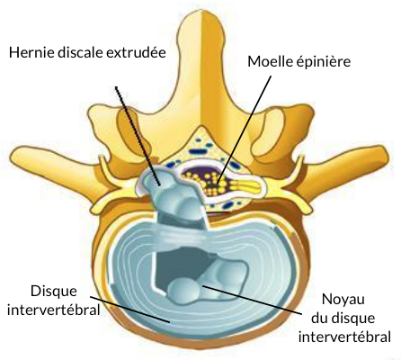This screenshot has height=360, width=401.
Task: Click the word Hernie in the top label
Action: (27, 52)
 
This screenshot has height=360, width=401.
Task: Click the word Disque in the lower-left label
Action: (54, 292)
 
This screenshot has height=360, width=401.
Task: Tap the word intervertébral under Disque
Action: (54, 310)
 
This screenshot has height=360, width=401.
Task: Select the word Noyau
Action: (343, 300)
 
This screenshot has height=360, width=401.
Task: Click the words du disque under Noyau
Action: (343, 319)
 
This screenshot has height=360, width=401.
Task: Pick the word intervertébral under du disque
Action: (344, 337)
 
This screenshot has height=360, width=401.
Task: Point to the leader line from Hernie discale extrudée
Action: (138, 135)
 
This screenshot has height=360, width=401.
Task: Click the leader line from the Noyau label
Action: (251, 300)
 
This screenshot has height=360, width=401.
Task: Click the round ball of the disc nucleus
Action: (183, 291)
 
